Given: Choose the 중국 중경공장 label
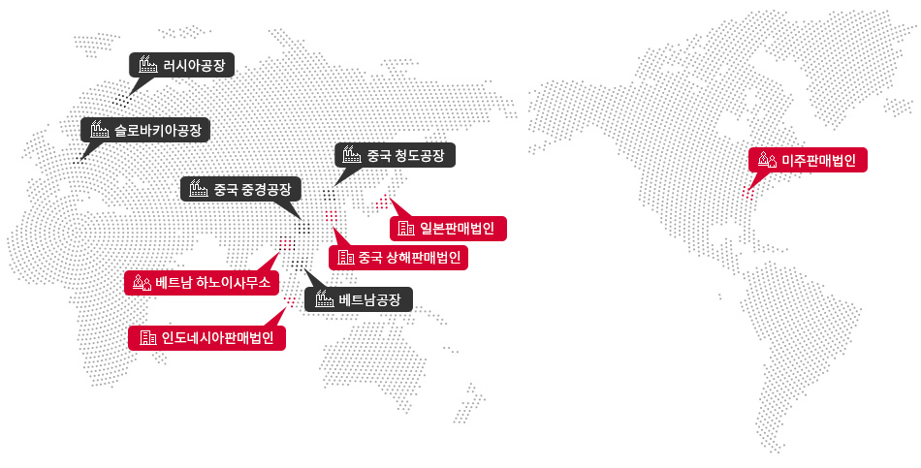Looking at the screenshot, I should pos(255,189).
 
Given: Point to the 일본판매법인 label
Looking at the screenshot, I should pos(457,229).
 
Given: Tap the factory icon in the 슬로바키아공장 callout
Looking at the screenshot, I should pos(98,130).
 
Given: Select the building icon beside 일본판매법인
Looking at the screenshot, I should pos(406,229).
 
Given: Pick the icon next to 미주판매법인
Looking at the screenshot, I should pos(767,160).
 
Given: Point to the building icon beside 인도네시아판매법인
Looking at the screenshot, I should pos(148,338).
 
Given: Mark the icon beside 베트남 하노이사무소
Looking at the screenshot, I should pos(142,283).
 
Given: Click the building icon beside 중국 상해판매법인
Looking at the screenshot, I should pos(346,258).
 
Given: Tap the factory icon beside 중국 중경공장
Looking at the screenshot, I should pos(200,189).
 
